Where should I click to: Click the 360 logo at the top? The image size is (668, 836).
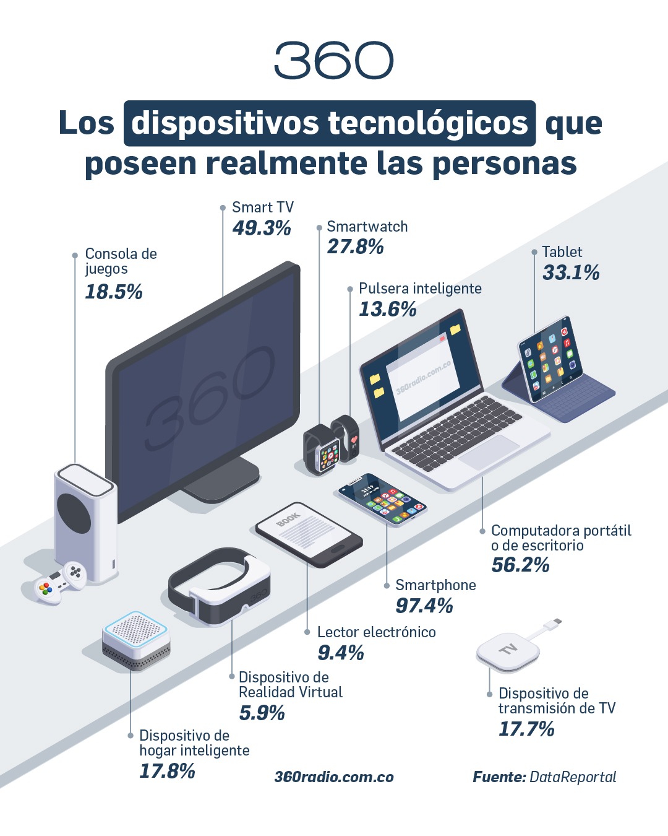(x=333, y=61)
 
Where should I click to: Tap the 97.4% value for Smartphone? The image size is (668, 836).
(x=424, y=606)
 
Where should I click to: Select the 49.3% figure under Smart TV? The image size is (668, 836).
(x=262, y=228)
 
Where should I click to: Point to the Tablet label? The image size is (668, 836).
(x=562, y=252)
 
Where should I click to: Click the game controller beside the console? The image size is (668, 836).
(x=59, y=581)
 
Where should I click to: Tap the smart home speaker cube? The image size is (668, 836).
(x=136, y=641)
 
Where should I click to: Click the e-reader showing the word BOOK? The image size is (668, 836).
(x=309, y=534)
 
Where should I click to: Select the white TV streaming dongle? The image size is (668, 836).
(x=508, y=651)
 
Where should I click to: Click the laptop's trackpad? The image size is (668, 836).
(x=489, y=451)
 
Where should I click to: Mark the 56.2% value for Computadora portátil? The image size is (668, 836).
(x=520, y=565)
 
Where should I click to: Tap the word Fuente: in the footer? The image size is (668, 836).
(x=499, y=777)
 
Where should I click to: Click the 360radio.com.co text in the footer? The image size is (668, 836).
(x=334, y=777)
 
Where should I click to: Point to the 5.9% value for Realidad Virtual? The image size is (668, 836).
(x=262, y=713)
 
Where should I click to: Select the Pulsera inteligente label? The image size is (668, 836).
(x=420, y=289)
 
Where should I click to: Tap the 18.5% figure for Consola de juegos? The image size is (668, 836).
(x=114, y=292)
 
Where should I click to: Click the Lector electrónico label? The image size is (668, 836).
(x=376, y=632)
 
